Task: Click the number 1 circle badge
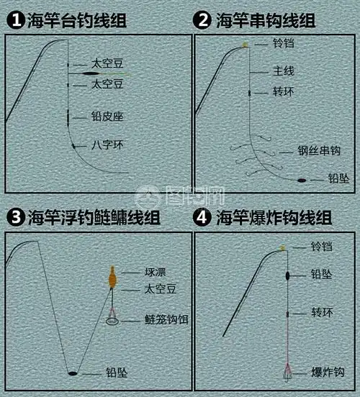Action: tap(14, 20)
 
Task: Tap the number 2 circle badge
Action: tap(204, 20)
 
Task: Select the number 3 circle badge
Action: tap(14, 217)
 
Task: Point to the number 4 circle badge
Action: tap(204, 217)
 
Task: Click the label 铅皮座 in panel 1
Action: tap(107, 115)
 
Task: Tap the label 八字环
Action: tap(107, 145)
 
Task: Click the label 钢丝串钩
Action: tap(318, 152)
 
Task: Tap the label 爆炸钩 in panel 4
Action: tap(328, 372)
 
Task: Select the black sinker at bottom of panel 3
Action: tap(72, 374)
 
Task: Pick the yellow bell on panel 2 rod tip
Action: tap(246, 45)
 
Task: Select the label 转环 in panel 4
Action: tap(321, 314)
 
